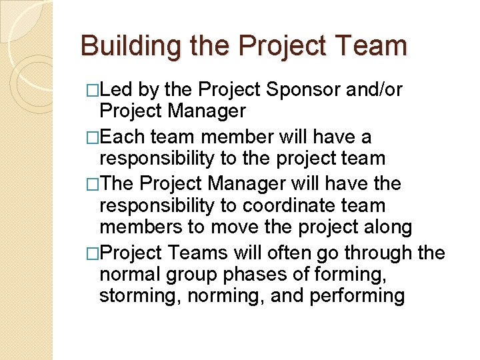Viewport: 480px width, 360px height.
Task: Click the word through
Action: pos(380,253)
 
